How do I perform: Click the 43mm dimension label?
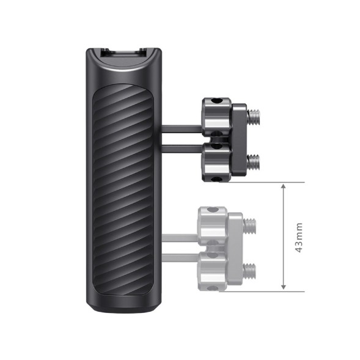(299, 237)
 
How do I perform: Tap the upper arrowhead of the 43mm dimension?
(283, 186)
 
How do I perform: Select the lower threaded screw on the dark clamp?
(253, 161)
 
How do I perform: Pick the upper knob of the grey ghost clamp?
(211, 221)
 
